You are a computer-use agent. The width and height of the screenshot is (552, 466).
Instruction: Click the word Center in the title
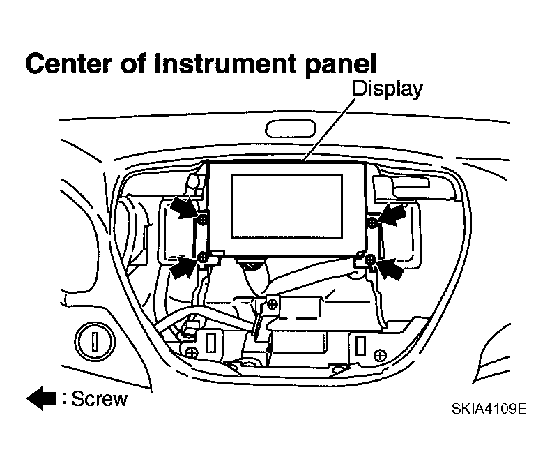pyautogui.click(x=68, y=63)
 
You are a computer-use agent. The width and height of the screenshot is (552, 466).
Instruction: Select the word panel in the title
pyautogui.click(x=341, y=65)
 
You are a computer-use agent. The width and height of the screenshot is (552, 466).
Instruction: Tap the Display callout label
pyautogui.click(x=388, y=89)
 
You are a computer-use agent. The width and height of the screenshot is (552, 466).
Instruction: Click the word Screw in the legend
pyautogui.click(x=99, y=399)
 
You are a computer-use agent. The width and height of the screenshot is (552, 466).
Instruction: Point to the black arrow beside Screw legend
pyautogui.click(x=41, y=398)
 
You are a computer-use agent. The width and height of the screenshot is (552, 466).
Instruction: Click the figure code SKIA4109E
pyautogui.click(x=489, y=409)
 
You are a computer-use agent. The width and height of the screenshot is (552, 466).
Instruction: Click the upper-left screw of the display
pyautogui.click(x=202, y=220)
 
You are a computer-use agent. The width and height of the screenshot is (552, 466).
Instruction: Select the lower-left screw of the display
pyautogui.click(x=202, y=257)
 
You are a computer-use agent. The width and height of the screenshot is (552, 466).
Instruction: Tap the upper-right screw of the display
pyautogui.click(x=372, y=223)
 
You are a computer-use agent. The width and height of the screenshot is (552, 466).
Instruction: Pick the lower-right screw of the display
pyautogui.click(x=370, y=260)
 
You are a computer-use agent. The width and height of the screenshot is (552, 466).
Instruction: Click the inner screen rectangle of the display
pyautogui.click(x=287, y=206)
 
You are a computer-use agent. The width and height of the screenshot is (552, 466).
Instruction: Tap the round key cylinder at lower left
pyautogui.click(x=95, y=341)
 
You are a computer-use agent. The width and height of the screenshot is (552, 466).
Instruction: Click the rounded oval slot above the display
pyautogui.click(x=291, y=129)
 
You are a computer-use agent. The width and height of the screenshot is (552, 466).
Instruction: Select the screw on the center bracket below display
pyautogui.click(x=272, y=303)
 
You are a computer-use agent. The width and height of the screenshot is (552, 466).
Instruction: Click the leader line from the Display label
pyautogui.click(x=330, y=130)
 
